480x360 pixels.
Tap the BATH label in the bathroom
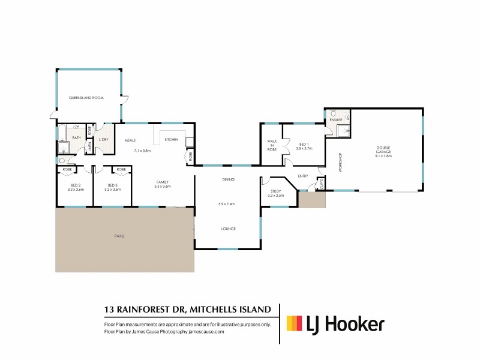click(76, 138)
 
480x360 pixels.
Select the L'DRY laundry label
click(103, 140)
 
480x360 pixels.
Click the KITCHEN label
click(172, 140)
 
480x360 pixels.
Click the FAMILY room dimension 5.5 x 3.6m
click(163, 186)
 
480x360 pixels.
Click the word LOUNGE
click(227, 229)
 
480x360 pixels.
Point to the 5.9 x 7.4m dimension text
click(227, 204)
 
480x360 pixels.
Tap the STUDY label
click(275, 191)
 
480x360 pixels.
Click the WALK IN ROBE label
click(271, 144)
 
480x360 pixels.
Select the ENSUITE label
click(336, 120)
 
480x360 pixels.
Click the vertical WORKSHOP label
click(340, 162)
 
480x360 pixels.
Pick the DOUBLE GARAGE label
click(384, 150)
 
